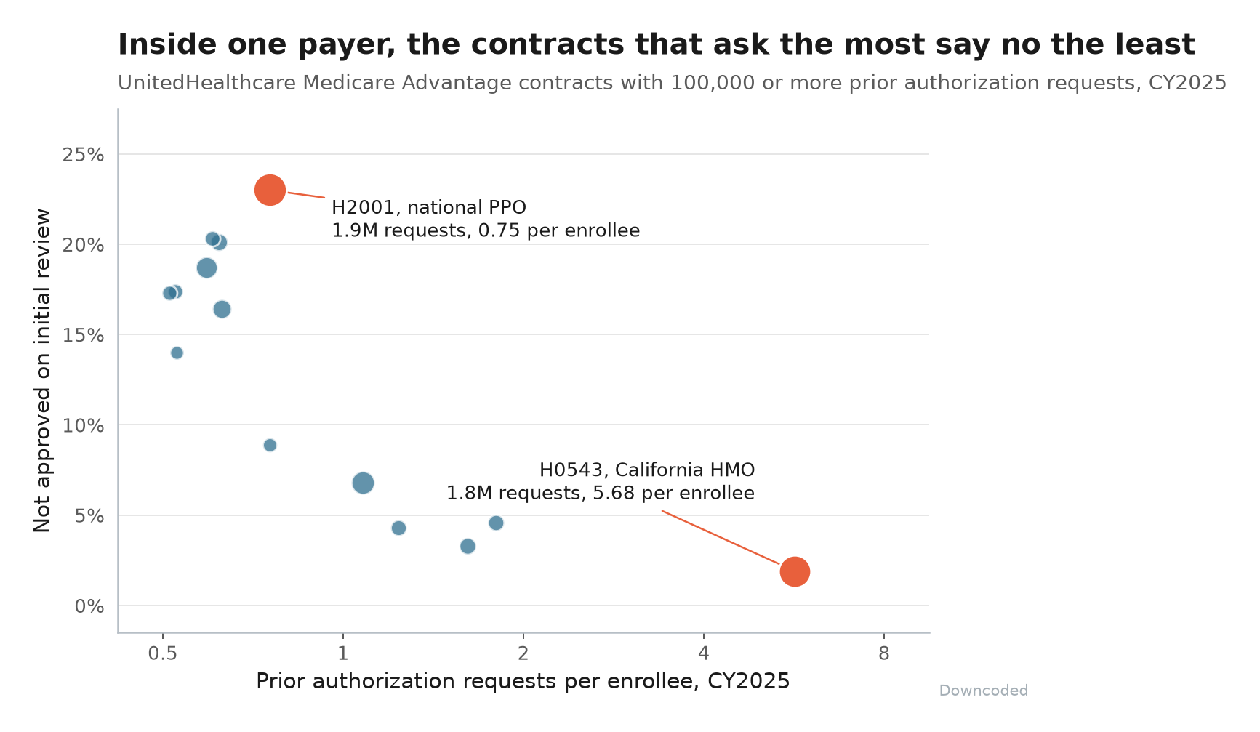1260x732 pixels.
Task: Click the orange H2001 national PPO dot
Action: [270, 190]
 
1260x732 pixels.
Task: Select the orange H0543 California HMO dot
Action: [795, 572]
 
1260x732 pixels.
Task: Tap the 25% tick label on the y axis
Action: [84, 155]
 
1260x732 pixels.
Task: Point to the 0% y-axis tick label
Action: [89, 606]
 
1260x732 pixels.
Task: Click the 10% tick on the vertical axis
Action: [84, 425]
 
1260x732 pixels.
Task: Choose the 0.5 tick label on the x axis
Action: [163, 654]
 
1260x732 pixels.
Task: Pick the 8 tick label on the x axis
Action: [883, 654]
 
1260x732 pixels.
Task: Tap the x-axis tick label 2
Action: [523, 654]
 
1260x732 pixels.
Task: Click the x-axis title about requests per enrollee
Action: [523, 682]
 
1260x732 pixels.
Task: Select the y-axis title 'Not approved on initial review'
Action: [43, 371]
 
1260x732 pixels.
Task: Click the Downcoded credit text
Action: [984, 691]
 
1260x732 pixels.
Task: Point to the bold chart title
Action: [657, 45]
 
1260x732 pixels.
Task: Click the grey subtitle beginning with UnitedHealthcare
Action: [672, 83]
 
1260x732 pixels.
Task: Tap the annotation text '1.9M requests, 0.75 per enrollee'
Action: [486, 231]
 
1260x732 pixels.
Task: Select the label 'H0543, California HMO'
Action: [647, 470]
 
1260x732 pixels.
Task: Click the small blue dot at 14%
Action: [177, 353]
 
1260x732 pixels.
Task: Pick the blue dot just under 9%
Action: [270, 445]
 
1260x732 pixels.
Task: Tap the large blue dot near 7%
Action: [363, 483]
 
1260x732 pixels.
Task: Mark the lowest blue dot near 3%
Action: [468, 546]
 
